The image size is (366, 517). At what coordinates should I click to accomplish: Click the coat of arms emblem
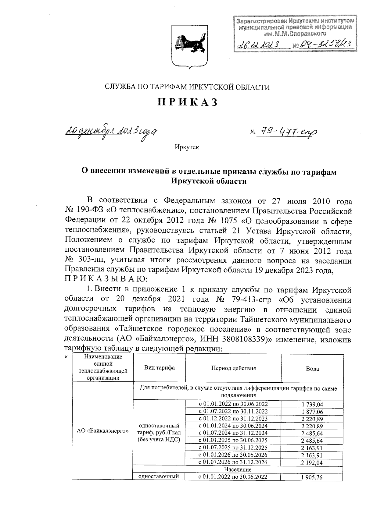coord(187,45)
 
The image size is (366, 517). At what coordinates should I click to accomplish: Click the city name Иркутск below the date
coord(187,147)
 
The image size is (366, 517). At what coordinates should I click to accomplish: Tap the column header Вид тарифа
coord(159,368)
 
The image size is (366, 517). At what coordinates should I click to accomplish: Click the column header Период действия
coord(233,368)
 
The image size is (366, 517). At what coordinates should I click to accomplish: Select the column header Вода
coord(312,369)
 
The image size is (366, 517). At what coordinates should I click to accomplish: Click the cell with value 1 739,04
coord(312,405)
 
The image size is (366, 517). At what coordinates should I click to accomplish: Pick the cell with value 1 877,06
coord(312,412)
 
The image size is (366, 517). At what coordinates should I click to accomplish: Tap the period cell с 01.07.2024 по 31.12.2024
coord(233,433)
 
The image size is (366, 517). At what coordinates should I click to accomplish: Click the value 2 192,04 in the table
coord(312,463)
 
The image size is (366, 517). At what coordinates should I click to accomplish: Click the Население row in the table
coord(238,469)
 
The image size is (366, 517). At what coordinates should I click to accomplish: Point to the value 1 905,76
coord(312,477)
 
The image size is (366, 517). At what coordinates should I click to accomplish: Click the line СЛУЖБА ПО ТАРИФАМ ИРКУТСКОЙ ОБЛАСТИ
coord(187,87)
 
